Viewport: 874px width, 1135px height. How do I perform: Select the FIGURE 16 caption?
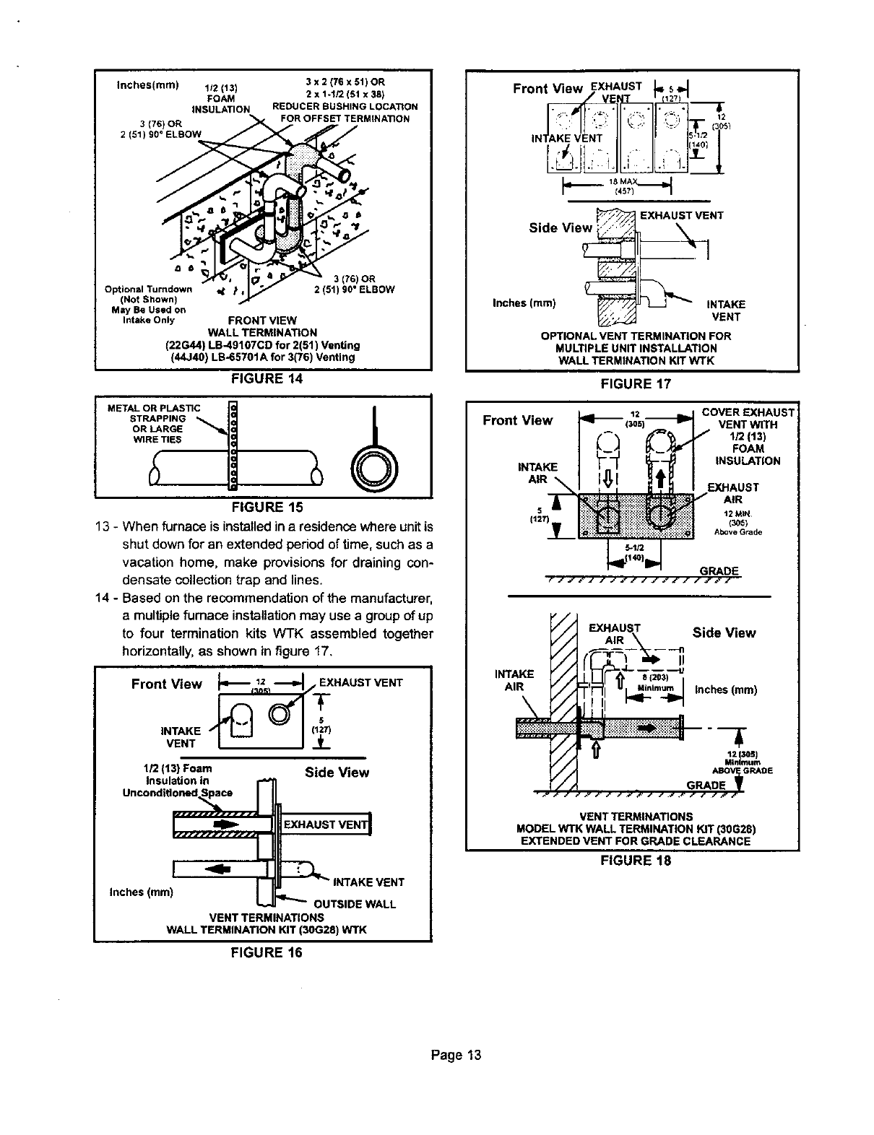pyautogui.click(x=265, y=952)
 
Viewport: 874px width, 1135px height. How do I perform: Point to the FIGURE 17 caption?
pyautogui.click(x=636, y=383)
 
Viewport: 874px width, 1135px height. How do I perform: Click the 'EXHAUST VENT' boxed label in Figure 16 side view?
pyautogui.click(x=325, y=825)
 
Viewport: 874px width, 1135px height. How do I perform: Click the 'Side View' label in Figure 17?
pyautogui.click(x=561, y=228)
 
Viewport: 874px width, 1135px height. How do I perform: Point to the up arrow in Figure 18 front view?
pyautogui.click(x=661, y=478)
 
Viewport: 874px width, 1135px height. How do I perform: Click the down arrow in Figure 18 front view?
pyautogui.click(x=607, y=478)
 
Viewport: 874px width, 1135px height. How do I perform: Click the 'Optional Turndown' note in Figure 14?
pyautogui.click(x=148, y=290)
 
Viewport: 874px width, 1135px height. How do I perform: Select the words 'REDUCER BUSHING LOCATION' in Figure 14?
pyautogui.click(x=345, y=107)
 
